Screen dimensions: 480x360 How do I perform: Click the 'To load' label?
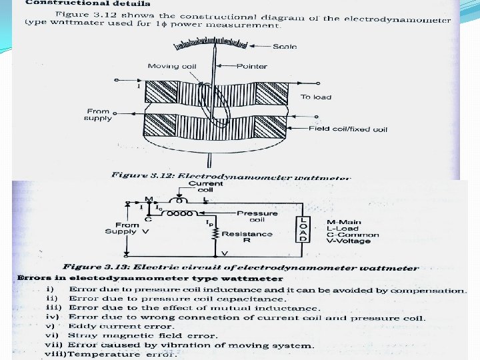[x=315, y=97]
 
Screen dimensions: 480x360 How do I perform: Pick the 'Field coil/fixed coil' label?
[x=347, y=129]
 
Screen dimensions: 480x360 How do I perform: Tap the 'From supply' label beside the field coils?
[x=98, y=115]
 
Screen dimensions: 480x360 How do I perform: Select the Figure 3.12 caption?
[x=230, y=175]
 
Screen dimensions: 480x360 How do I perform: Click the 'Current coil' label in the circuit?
[x=206, y=187]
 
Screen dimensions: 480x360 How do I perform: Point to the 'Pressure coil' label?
[x=257, y=217]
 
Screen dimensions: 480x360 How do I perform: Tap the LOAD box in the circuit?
[x=304, y=229]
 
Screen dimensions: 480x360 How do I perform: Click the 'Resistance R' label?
[x=247, y=238]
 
